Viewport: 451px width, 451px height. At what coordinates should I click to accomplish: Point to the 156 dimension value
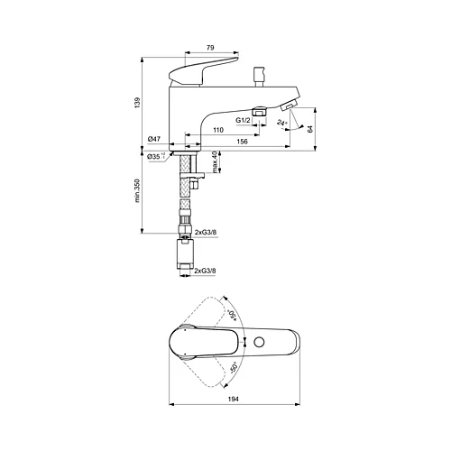[243, 143]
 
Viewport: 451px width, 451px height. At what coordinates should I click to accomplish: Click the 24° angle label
[283, 123]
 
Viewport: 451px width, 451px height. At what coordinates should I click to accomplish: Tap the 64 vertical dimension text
[310, 129]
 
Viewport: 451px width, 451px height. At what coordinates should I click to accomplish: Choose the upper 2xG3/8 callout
[207, 235]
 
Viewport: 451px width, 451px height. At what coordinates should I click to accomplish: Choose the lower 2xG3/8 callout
[207, 269]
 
